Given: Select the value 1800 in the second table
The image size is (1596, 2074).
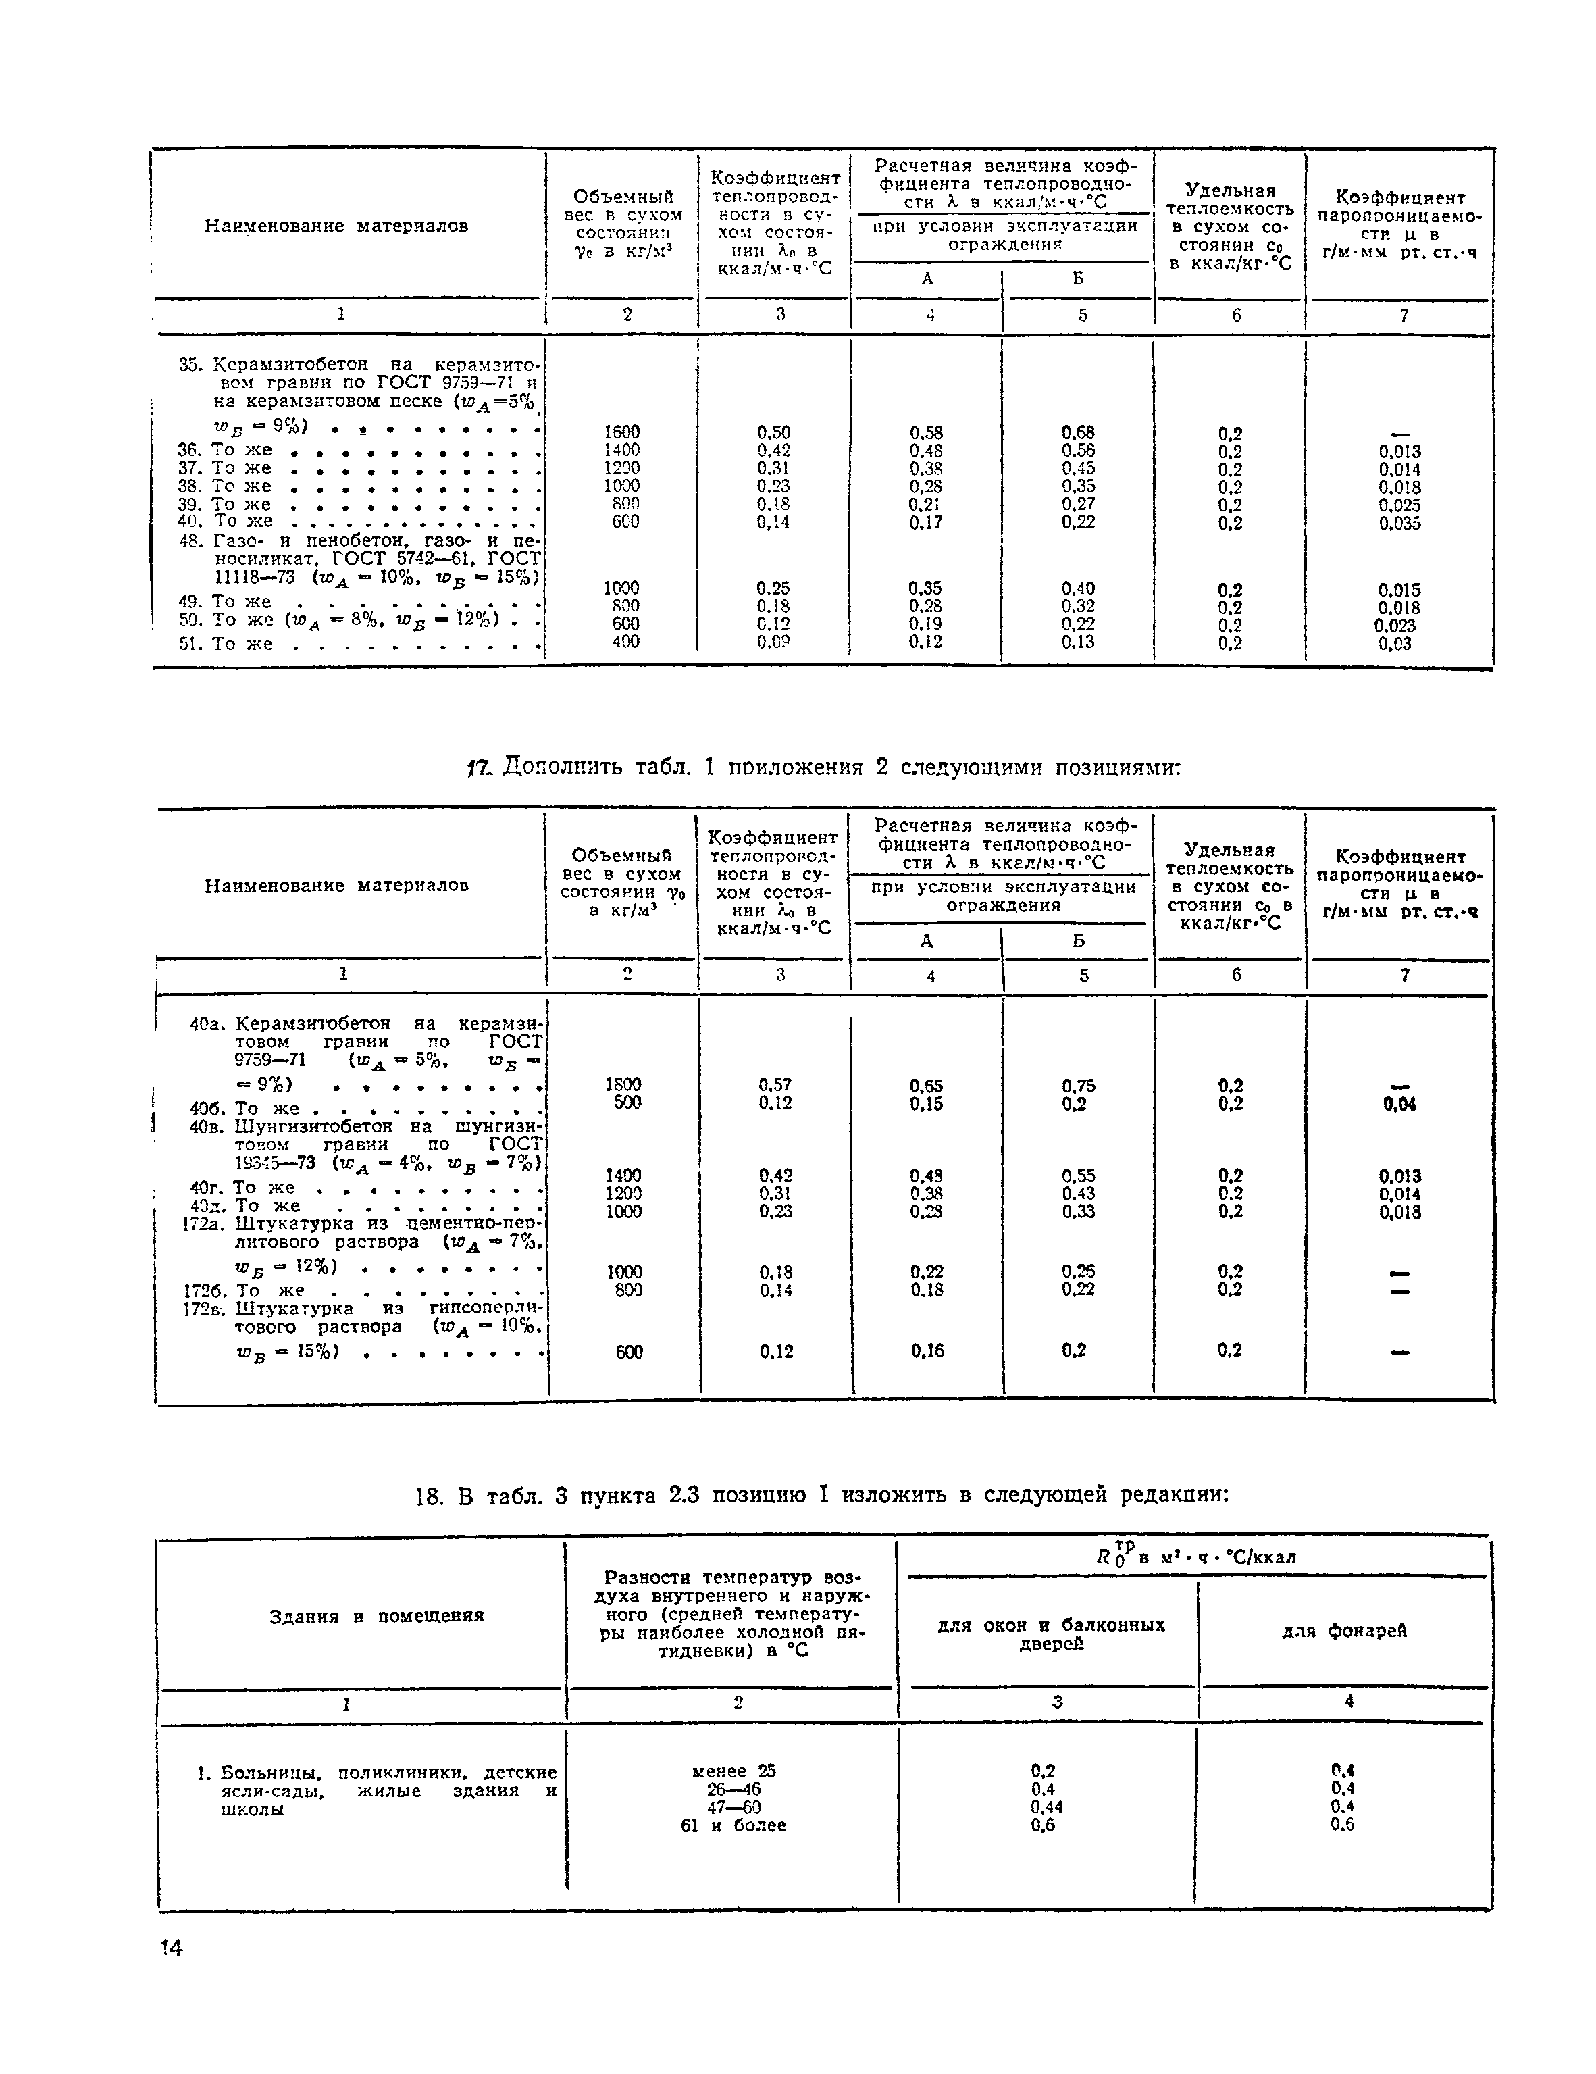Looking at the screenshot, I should pyautogui.click(x=623, y=1084).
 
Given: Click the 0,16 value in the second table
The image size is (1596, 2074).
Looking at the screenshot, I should pyautogui.click(x=927, y=1351).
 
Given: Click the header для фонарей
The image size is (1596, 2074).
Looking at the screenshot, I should pyautogui.click(x=1344, y=1631).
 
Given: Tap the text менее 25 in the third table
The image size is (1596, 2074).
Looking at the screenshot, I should pyautogui.click(x=734, y=1771).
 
